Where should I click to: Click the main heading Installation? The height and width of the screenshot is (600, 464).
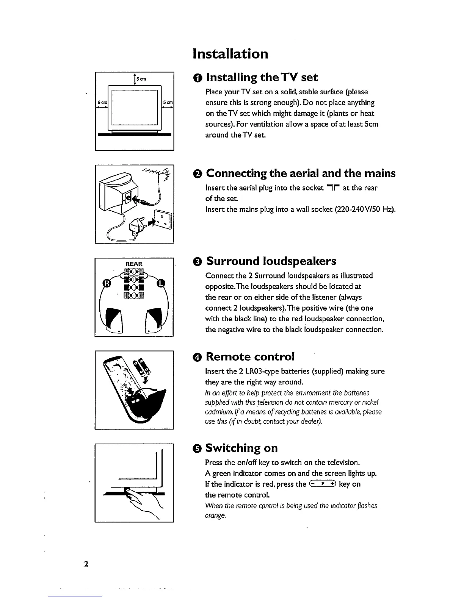tap(230, 53)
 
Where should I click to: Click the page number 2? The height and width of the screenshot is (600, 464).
tap(86, 564)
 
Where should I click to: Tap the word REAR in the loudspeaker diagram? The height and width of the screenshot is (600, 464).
tap(134, 264)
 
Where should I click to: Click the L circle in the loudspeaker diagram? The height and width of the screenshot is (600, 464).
tap(161, 283)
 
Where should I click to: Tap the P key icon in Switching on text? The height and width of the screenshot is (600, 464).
tap(323, 484)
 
